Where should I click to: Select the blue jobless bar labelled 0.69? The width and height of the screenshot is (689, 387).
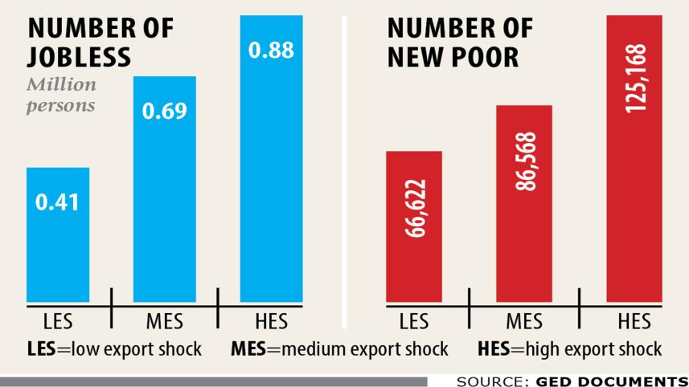[164, 189]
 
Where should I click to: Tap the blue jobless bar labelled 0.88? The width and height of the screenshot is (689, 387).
[272, 161]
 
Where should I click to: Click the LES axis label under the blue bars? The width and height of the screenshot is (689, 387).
[57, 324]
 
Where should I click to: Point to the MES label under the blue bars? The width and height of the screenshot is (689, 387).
[164, 324]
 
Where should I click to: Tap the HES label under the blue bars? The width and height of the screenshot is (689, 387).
[272, 324]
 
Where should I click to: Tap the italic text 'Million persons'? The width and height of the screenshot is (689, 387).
[61, 95]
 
